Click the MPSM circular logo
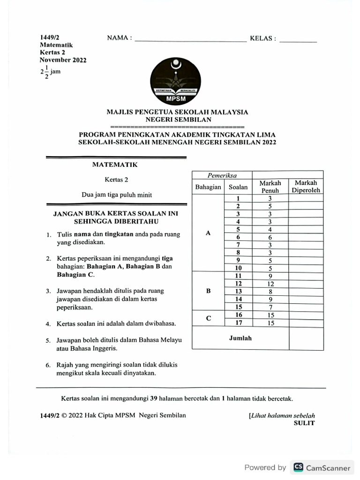click(175, 78)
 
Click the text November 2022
click(63, 60)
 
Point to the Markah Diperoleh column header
click(306, 187)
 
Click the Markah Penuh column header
click(270, 187)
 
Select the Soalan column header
click(238, 187)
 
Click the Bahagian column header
click(208, 187)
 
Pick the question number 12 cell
click(238, 284)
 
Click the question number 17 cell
click(238, 322)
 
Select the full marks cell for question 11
click(270, 276)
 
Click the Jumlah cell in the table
click(240, 338)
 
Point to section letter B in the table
click(209, 291)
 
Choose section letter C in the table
click(209, 319)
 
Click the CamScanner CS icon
click(298, 467)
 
